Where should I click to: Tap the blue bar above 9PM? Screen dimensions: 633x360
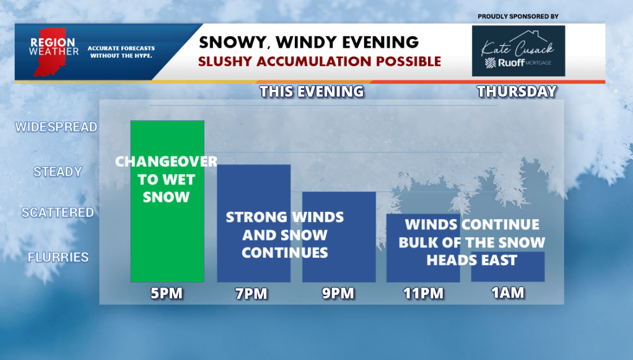339,237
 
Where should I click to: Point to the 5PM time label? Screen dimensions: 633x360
167,293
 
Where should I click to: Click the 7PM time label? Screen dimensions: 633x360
251,294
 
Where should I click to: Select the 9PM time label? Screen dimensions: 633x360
338,293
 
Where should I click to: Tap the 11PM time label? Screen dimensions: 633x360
424,293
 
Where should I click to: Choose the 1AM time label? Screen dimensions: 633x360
508,293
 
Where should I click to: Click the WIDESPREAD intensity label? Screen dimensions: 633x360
56,127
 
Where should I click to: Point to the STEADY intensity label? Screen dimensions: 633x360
58,172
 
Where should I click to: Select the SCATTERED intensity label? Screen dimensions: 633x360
58,213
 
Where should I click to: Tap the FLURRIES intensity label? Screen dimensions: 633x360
58,257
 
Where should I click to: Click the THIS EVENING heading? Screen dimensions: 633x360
312,92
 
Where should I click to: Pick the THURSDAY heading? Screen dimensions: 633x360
517,92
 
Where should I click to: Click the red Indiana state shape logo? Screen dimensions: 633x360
50,52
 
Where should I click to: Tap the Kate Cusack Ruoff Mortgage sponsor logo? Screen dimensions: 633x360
518,51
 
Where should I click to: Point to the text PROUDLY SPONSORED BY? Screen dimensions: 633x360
518,17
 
